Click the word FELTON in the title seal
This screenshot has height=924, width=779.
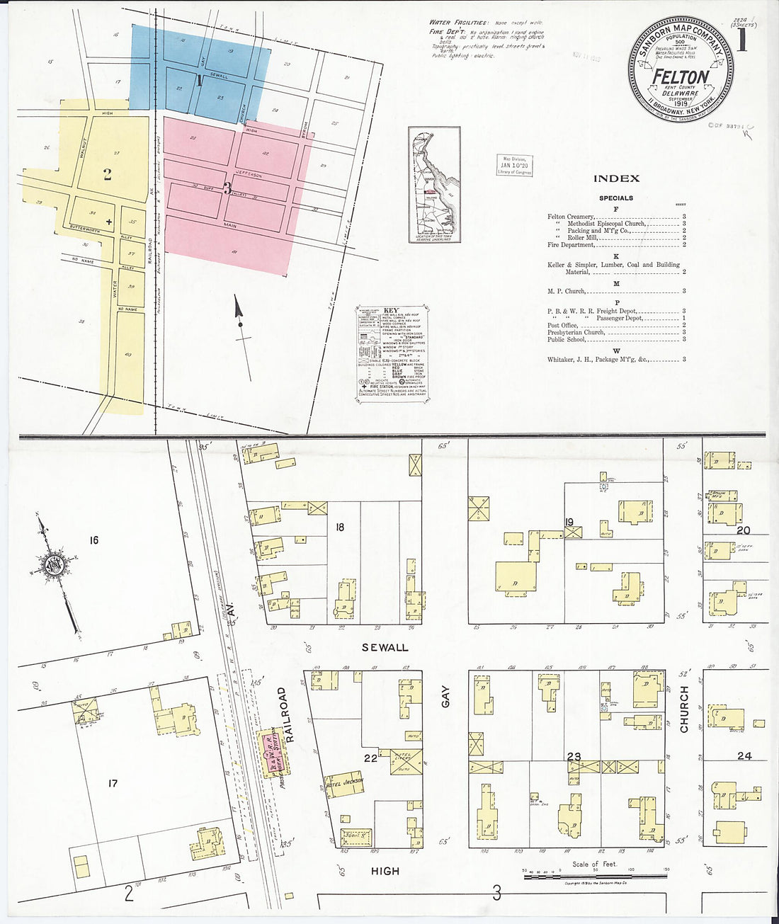(680, 76)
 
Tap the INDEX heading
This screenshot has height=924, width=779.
(616, 179)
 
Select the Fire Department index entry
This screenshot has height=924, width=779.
(571, 245)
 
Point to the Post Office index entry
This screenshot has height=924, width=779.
(562, 325)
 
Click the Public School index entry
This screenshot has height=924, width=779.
(567, 339)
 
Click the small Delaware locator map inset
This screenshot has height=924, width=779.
(434, 186)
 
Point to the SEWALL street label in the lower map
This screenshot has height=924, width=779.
(385, 647)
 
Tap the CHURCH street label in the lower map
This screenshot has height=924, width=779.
(684, 709)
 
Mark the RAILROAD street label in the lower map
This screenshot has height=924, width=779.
(282, 712)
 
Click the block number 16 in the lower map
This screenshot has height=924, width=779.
(94, 540)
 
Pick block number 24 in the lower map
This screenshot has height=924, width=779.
(744, 756)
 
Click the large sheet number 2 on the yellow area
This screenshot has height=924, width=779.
(107, 174)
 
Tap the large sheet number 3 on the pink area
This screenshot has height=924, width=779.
(227, 188)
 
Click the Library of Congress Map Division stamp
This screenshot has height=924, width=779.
(515, 166)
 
